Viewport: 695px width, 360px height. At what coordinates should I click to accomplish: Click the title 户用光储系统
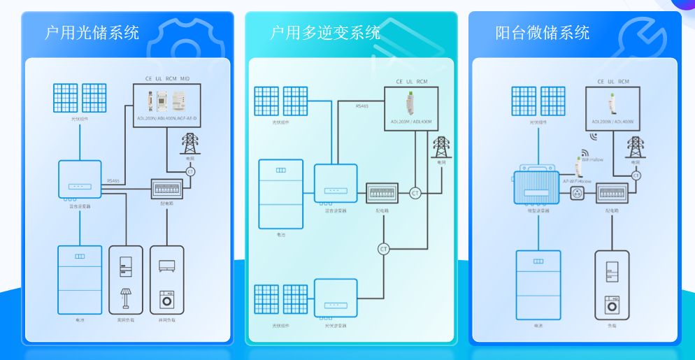pos(92,33)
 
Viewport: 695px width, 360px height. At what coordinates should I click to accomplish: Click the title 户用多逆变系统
pos(325,33)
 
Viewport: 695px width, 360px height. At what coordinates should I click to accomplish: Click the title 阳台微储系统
pos(542,33)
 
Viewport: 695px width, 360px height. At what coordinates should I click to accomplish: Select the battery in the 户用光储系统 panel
pos(80,279)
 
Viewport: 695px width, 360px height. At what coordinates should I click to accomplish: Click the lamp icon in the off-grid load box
pos(125,297)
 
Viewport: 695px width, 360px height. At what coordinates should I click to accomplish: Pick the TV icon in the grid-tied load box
pos(167,266)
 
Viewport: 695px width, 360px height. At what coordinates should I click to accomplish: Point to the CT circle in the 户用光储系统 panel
pos(190,171)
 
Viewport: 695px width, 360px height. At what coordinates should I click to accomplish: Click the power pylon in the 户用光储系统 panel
pos(189,144)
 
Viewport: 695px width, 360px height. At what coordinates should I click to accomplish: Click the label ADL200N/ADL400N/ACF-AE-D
pos(166,120)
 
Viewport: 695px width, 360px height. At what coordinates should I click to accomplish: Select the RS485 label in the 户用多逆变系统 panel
pos(361,106)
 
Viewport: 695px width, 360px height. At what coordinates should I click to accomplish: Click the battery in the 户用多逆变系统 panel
pos(281,194)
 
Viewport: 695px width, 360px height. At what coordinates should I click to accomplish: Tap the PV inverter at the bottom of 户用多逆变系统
pos(336,299)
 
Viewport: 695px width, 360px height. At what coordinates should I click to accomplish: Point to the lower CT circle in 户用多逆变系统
pos(383,249)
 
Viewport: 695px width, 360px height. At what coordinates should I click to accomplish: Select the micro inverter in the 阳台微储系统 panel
pos(536,187)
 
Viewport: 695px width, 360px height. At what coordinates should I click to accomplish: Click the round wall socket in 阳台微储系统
pos(578,192)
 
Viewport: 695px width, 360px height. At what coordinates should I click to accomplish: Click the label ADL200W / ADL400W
pos(612,122)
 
